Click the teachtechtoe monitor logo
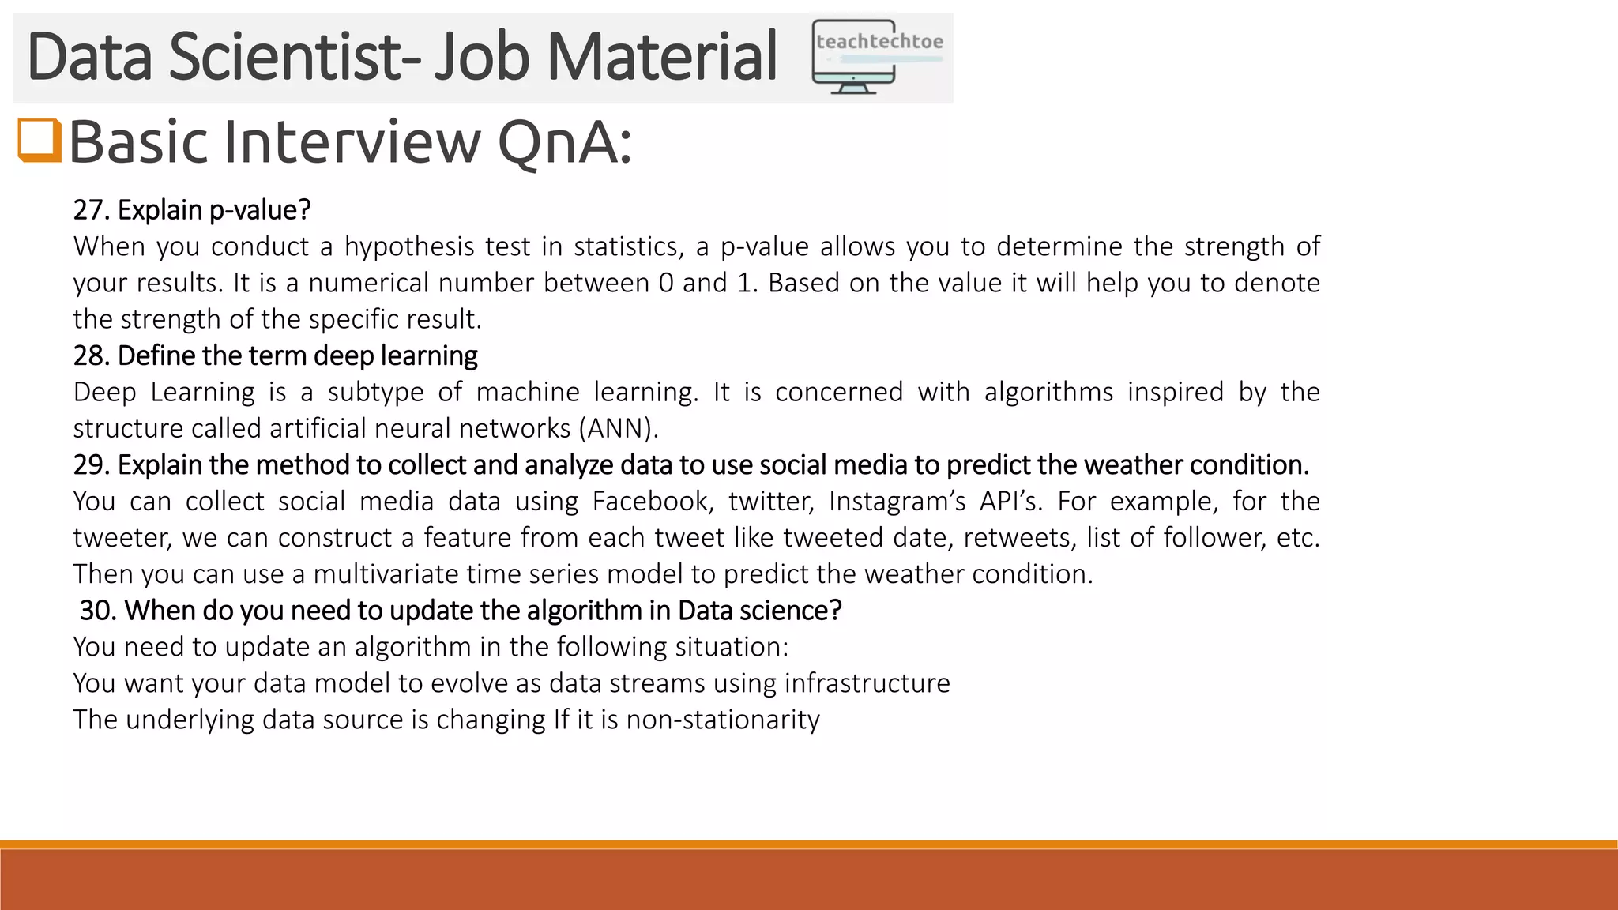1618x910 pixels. tap(877, 57)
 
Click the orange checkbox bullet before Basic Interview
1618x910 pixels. tap(40, 141)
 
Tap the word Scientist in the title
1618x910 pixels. tap(295, 57)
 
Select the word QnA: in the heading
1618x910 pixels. tap(564, 143)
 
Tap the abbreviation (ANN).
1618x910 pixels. tap(619, 428)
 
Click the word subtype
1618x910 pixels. tap(375, 393)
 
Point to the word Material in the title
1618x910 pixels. tap(662, 57)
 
